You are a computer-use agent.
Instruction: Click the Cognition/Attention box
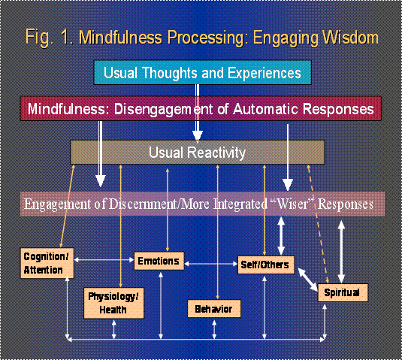(x=47, y=263)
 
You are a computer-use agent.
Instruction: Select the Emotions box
(x=159, y=261)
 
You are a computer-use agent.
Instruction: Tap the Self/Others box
(x=266, y=265)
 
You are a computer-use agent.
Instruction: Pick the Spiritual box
(x=343, y=292)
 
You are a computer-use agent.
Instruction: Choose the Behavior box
(x=214, y=309)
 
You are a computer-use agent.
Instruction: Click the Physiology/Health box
(x=113, y=303)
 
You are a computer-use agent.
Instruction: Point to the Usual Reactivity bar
(x=198, y=153)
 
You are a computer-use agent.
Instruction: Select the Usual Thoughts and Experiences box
(x=203, y=73)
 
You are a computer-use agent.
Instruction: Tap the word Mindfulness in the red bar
(x=67, y=109)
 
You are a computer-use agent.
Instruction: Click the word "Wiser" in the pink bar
(x=292, y=204)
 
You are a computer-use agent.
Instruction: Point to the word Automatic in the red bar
(x=266, y=109)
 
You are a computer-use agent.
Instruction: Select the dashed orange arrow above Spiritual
(x=318, y=225)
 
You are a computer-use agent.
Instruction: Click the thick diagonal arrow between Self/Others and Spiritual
(x=308, y=280)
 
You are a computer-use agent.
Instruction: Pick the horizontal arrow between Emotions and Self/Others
(x=210, y=264)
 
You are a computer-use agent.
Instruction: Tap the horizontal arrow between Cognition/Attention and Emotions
(x=104, y=260)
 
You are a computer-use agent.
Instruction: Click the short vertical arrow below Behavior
(x=214, y=329)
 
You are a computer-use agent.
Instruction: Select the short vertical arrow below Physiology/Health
(x=113, y=330)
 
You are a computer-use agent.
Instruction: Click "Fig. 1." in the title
(x=49, y=38)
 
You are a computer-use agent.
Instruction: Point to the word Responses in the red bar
(x=338, y=109)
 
